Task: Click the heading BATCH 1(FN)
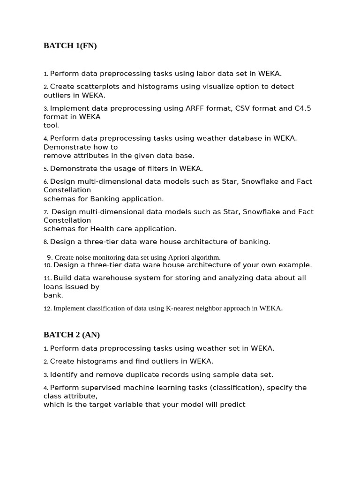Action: pyautogui.click(x=70, y=45)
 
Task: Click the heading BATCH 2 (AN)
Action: pyautogui.click(x=72, y=335)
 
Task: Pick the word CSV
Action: pyautogui.click(x=230, y=108)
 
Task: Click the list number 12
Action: pyautogui.click(x=47, y=308)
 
